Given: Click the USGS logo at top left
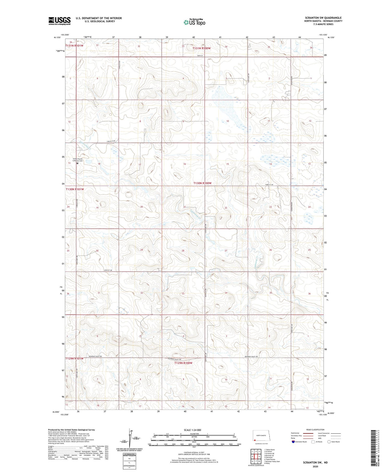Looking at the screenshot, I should pos(59,21).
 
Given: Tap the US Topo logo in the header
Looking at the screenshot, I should pos(194,22).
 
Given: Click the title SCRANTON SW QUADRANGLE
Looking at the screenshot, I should pos(323,18).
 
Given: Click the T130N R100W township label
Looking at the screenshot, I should pos(202,183).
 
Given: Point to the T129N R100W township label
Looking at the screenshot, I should pos(183,363).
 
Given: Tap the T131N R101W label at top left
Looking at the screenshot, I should pos(74,46).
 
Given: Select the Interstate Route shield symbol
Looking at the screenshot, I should pos(293,442).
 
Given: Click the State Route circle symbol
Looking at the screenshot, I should pos(329,442).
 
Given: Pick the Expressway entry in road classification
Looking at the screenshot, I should pos(296,433).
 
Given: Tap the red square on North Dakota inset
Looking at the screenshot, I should pos(254,440).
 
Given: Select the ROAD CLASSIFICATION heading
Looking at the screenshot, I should pos(315,430).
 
